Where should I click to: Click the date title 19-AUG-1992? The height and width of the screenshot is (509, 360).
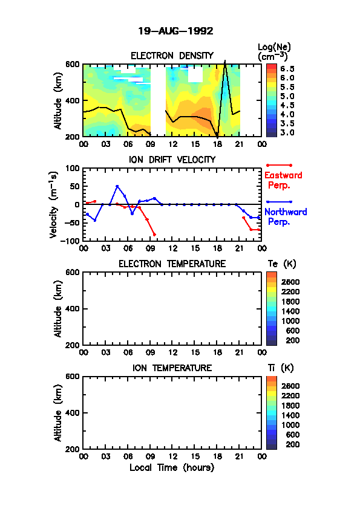coord(175,31)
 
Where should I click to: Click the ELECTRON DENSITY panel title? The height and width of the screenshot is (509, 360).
coord(172,56)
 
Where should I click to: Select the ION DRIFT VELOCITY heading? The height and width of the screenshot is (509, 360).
coord(172,160)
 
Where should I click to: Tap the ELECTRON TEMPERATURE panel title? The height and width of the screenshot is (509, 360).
coord(172,264)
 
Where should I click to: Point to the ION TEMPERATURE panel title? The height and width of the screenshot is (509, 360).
coord(172,368)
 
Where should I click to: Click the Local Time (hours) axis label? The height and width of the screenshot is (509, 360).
coord(172,468)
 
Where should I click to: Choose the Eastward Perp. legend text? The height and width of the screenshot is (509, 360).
coord(283,180)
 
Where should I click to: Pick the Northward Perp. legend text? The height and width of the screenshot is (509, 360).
coord(286,217)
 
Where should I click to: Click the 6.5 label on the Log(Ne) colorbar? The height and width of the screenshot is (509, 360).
coord(287,69)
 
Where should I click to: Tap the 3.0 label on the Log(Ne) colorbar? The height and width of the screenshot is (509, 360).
coord(287,133)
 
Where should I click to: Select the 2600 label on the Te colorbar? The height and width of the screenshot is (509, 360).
coord(290,282)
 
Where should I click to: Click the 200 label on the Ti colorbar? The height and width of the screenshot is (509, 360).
coord(293,444)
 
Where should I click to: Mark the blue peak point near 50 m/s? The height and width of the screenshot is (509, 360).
coord(117,186)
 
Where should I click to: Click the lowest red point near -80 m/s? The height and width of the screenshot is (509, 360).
coord(154,235)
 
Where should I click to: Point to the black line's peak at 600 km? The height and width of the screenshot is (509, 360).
coord(225,62)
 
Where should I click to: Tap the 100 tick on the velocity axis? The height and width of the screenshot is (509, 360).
coord(73,168)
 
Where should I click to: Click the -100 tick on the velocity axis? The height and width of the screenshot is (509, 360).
coord(70,241)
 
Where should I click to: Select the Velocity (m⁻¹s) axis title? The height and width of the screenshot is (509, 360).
coord(54,205)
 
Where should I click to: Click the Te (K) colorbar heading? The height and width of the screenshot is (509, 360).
coord(282,264)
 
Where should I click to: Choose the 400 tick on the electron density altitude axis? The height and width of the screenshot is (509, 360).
coord(73,100)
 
